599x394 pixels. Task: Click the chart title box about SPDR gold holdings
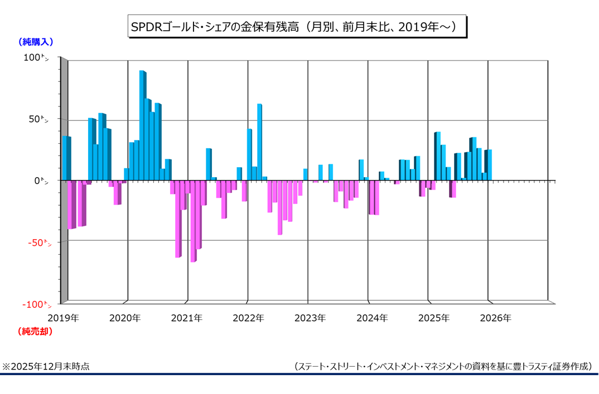point(296,27)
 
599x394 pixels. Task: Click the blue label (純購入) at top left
point(36,42)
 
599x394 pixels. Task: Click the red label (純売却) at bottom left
point(36,332)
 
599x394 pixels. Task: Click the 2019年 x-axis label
point(63,318)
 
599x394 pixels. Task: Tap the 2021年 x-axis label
point(186,318)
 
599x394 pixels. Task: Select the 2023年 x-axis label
point(310,318)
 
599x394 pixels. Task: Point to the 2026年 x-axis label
point(495,318)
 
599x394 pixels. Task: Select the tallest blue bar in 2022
point(259,142)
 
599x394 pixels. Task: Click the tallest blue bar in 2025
point(437,156)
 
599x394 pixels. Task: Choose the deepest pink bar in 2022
point(280,207)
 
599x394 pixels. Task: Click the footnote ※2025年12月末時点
point(46,367)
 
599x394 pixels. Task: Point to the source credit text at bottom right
point(443,367)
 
